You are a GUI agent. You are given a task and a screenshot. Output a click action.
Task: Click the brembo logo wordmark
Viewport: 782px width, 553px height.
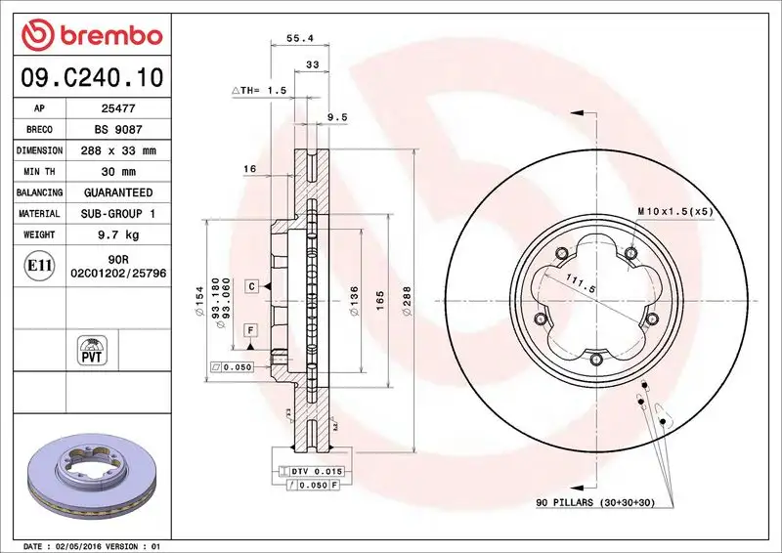(90, 35)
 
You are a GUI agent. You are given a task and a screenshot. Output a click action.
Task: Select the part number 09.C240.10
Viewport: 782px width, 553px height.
(91, 76)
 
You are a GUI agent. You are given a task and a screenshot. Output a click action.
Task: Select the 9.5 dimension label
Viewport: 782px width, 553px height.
(336, 117)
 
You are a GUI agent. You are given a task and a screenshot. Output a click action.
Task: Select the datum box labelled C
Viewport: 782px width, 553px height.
(251, 286)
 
